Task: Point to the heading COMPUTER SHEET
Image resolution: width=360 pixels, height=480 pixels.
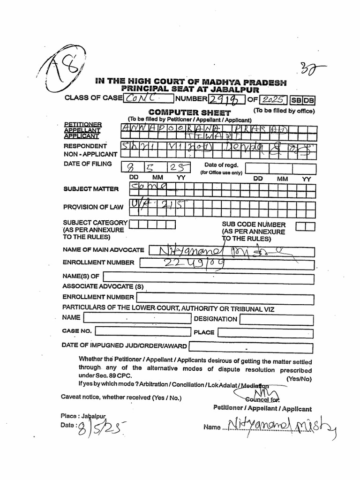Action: point(189,112)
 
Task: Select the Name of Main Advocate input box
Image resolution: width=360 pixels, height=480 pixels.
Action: point(231,250)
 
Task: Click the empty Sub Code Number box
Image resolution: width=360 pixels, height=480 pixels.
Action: point(306,227)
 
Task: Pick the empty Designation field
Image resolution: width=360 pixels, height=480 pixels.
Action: point(277,320)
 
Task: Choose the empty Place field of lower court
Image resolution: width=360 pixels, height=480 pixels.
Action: point(265,333)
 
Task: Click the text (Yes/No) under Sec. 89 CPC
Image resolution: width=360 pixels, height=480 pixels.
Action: point(299,378)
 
